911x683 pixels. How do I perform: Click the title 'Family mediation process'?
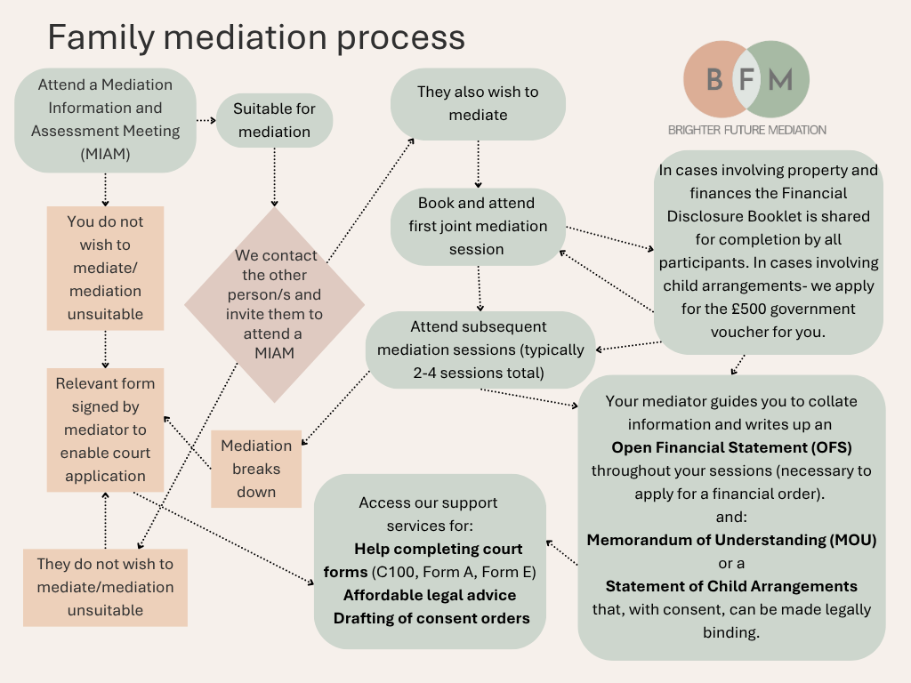tap(255, 38)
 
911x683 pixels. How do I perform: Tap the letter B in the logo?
tap(713, 80)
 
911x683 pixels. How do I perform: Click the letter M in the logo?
tap(779, 80)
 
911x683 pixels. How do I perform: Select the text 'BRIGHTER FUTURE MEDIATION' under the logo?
tap(746, 130)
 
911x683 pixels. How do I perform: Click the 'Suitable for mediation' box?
tap(274, 121)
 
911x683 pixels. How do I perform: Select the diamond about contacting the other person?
tap(274, 305)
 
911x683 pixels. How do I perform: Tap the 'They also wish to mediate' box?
tap(478, 103)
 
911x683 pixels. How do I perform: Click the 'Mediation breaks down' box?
tap(256, 469)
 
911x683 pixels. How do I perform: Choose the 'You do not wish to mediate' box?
tap(105, 267)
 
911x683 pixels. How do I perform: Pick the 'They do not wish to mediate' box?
tap(105, 587)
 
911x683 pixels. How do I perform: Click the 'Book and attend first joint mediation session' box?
tap(478, 226)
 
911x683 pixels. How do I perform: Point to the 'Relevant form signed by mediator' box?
tap(105, 430)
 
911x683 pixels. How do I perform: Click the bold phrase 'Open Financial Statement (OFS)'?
tap(731, 447)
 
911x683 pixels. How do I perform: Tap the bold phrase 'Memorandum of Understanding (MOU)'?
tap(731, 540)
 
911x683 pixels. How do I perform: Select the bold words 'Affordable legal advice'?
tap(430, 595)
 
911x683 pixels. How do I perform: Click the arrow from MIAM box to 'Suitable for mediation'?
tap(206, 120)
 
